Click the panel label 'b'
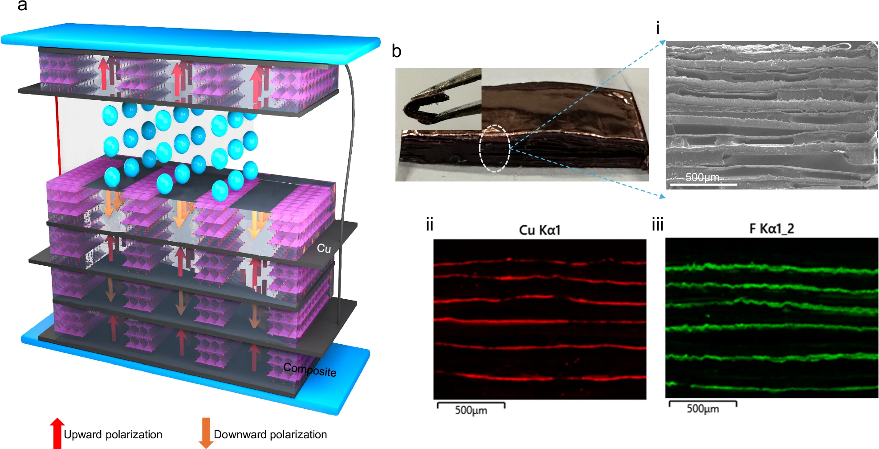point(396,52)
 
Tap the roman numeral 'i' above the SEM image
point(658,29)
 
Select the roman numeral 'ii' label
point(429,224)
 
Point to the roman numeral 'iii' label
point(657,224)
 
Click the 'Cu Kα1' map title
point(539,230)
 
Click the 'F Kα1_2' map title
point(771,229)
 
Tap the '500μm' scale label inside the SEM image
point(702,177)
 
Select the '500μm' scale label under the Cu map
point(471,410)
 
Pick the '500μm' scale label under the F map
point(702,408)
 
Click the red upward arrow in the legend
point(57,433)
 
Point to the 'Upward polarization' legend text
point(113,434)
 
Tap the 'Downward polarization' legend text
point(270,434)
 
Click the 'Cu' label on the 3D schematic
point(324,248)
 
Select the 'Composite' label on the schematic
point(310,370)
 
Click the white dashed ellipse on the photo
point(494,148)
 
